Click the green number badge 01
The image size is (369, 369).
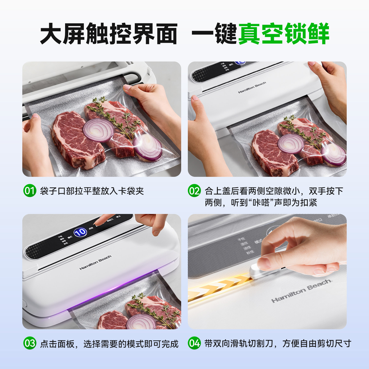pos(30,191)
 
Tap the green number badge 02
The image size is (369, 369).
pos(194,191)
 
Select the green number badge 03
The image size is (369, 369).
pos(30,343)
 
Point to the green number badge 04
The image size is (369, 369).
pos(194,343)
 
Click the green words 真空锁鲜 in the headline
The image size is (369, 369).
pos(283,34)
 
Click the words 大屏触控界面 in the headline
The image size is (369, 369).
pos(109,34)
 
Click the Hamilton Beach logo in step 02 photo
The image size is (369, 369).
pos(252,88)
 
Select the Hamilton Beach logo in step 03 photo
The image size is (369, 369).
pos(95,263)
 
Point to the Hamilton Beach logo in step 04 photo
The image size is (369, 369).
pos(301,291)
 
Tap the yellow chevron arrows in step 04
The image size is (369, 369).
pos(218,287)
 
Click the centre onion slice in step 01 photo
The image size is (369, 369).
pos(98,131)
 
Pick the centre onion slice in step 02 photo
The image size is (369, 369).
pos(291,144)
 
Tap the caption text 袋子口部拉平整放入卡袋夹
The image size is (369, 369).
pos(92,191)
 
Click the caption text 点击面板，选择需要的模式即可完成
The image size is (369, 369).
pos(109,344)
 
